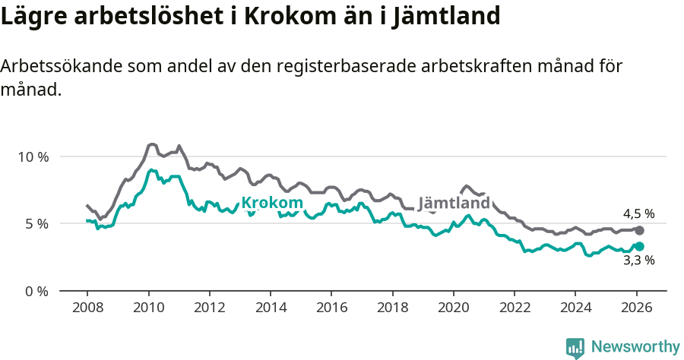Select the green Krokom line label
(x=272, y=203)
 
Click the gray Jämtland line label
(x=454, y=204)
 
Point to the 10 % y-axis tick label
(x=33, y=157)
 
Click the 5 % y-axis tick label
(x=36, y=224)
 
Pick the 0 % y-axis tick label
(x=36, y=291)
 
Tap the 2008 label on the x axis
(x=87, y=309)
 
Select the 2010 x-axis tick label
(x=148, y=309)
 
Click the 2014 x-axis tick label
(x=271, y=309)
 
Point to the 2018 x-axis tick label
(x=392, y=309)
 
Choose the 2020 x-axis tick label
(x=454, y=309)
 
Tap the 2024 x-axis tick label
(x=575, y=309)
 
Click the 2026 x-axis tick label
(x=636, y=309)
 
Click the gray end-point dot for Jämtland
(x=639, y=230)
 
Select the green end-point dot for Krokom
(x=639, y=246)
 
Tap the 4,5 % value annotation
(x=638, y=214)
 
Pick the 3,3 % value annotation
(x=638, y=261)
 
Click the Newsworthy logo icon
(x=575, y=347)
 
